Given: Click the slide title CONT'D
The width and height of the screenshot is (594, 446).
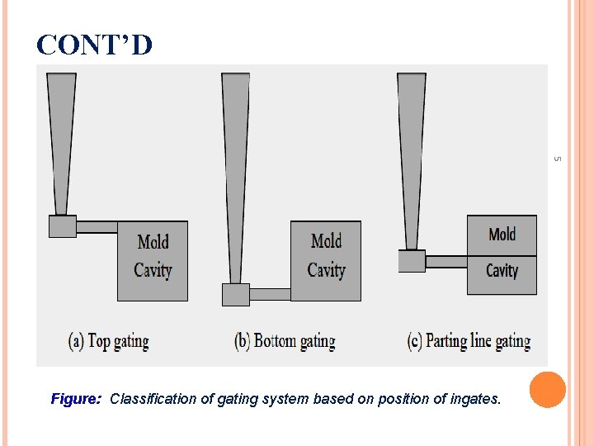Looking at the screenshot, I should (x=95, y=45).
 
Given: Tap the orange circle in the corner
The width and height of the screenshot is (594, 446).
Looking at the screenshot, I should (x=547, y=390).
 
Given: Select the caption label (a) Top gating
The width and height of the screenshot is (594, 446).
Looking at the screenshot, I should (x=108, y=340).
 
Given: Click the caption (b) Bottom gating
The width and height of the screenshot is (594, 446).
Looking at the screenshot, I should (x=285, y=340).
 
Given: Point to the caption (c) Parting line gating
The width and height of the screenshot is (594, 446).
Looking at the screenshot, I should (x=469, y=340).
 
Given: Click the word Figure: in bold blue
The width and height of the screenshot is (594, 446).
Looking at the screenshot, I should (x=76, y=399).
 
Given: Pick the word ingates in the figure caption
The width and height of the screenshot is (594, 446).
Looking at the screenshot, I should (x=474, y=399).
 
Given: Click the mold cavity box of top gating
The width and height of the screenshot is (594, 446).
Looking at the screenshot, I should (x=153, y=260).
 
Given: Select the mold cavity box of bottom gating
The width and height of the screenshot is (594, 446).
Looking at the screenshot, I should (x=326, y=260).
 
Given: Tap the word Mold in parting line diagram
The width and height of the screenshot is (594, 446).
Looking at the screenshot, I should (x=502, y=235).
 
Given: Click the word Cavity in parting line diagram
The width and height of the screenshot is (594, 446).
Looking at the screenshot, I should (x=502, y=271).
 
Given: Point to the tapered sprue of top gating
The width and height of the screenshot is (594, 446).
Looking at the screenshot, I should (x=61, y=140).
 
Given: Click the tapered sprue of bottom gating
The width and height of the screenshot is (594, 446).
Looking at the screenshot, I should (x=236, y=173).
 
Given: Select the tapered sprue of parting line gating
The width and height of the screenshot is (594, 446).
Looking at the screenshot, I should (x=412, y=157).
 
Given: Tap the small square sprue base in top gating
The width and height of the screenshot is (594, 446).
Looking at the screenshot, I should (x=62, y=226).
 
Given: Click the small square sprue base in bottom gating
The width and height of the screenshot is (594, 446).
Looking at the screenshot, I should (x=236, y=295).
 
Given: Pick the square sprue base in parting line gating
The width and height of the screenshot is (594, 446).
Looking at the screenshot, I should (x=412, y=261).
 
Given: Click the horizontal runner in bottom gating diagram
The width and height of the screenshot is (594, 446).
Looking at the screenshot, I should (x=270, y=294).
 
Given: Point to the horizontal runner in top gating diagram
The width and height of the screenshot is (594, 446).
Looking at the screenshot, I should (x=97, y=226).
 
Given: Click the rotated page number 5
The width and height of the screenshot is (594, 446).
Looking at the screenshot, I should (x=557, y=159).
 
